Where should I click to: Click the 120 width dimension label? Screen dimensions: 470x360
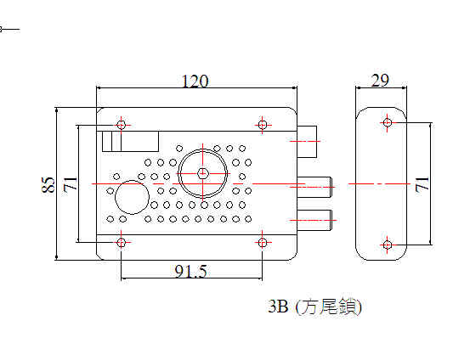click(x=195, y=82)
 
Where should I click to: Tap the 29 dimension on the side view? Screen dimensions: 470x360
click(x=380, y=81)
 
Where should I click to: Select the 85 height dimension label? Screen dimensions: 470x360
click(x=48, y=184)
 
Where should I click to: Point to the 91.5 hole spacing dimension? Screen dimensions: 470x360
click(x=191, y=272)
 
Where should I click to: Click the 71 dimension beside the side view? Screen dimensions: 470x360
click(x=422, y=184)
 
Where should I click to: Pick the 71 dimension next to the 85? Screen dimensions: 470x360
click(x=71, y=184)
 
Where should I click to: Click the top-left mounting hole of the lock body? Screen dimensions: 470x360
click(x=121, y=125)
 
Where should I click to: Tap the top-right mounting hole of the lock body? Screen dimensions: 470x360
click(x=263, y=125)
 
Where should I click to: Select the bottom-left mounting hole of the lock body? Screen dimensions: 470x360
click(x=121, y=242)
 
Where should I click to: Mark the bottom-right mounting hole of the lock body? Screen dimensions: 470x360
click(x=263, y=242)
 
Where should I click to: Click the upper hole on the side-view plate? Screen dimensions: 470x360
click(x=388, y=122)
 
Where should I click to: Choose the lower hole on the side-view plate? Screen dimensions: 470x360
click(x=388, y=245)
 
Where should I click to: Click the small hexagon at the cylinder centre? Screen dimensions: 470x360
click(x=203, y=173)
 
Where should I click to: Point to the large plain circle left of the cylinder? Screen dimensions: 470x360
click(x=133, y=197)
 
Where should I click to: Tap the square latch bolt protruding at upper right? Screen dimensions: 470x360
click(x=307, y=142)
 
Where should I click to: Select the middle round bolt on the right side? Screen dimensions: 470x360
click(x=314, y=187)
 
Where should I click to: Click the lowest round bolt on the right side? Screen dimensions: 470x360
click(x=314, y=220)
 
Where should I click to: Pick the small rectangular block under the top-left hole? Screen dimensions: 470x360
click(x=130, y=141)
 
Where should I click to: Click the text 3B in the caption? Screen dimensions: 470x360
click(x=278, y=307)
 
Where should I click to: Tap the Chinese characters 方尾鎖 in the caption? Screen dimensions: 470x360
click(x=329, y=307)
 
